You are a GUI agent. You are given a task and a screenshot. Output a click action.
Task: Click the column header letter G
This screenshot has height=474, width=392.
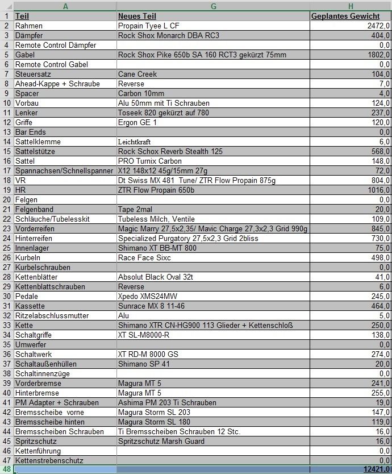pyautogui.click(x=213, y=6)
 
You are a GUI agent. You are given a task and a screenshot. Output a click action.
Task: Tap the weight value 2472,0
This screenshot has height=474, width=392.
pyautogui.click(x=378, y=26)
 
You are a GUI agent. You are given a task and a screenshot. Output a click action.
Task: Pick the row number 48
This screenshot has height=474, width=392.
pyautogui.click(x=6, y=469)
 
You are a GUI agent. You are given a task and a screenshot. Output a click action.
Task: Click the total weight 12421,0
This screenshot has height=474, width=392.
pyautogui.click(x=376, y=469)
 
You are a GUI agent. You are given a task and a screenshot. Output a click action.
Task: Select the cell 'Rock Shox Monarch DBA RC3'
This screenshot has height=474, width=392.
pyautogui.click(x=168, y=35)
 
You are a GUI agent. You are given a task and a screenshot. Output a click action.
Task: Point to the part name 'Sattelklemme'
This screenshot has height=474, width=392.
pyautogui.click(x=37, y=142)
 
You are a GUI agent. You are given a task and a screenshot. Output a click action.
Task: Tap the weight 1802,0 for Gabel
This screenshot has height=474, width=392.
pyautogui.click(x=378, y=55)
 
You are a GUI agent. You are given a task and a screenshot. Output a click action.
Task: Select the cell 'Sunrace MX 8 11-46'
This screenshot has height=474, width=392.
pyautogui.click(x=151, y=306)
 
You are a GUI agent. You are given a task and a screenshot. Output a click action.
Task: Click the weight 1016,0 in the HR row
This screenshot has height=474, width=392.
pyautogui.click(x=378, y=190)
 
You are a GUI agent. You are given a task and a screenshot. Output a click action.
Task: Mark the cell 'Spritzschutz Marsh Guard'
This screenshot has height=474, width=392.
pyautogui.click(x=161, y=441)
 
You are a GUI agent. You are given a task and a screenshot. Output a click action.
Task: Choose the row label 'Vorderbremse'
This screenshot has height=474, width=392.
pyautogui.click(x=39, y=383)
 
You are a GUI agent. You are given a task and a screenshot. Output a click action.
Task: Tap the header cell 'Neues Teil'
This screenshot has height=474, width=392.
pyautogui.click(x=137, y=16)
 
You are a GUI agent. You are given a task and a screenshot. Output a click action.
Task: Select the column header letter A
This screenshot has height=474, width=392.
pyautogui.click(x=65, y=6)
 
